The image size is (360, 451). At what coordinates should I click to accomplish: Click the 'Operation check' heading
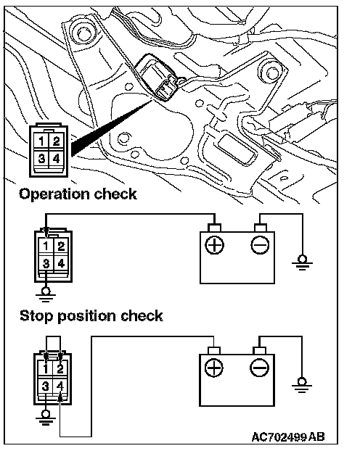(x=78, y=194)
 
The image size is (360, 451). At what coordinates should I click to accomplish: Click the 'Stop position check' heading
(x=91, y=316)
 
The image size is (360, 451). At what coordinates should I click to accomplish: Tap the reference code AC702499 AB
(x=288, y=437)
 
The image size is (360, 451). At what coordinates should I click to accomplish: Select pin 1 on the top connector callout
(x=41, y=141)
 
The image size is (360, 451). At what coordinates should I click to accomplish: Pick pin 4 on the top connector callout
(x=56, y=158)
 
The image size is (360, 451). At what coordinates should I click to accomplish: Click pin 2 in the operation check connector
(x=61, y=247)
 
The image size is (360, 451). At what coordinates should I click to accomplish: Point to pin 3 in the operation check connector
(x=46, y=263)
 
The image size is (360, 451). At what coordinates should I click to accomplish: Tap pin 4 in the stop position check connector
(x=60, y=386)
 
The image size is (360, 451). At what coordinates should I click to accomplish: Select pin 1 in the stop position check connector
(x=45, y=369)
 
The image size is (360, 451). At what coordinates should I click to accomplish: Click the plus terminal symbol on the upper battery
(x=214, y=245)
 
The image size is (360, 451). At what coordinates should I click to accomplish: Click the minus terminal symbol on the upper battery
(x=260, y=245)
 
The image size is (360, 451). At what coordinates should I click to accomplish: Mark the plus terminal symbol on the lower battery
(x=213, y=368)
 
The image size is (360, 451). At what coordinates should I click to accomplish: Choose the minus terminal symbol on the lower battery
(x=260, y=368)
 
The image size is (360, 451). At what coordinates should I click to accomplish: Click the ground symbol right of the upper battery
(x=302, y=263)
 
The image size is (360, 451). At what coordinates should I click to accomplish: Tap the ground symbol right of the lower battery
(x=301, y=385)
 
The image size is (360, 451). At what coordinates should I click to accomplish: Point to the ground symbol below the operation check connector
(x=46, y=294)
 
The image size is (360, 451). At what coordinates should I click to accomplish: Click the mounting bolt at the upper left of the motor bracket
(x=83, y=33)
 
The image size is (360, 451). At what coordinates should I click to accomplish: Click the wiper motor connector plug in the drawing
(x=158, y=78)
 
